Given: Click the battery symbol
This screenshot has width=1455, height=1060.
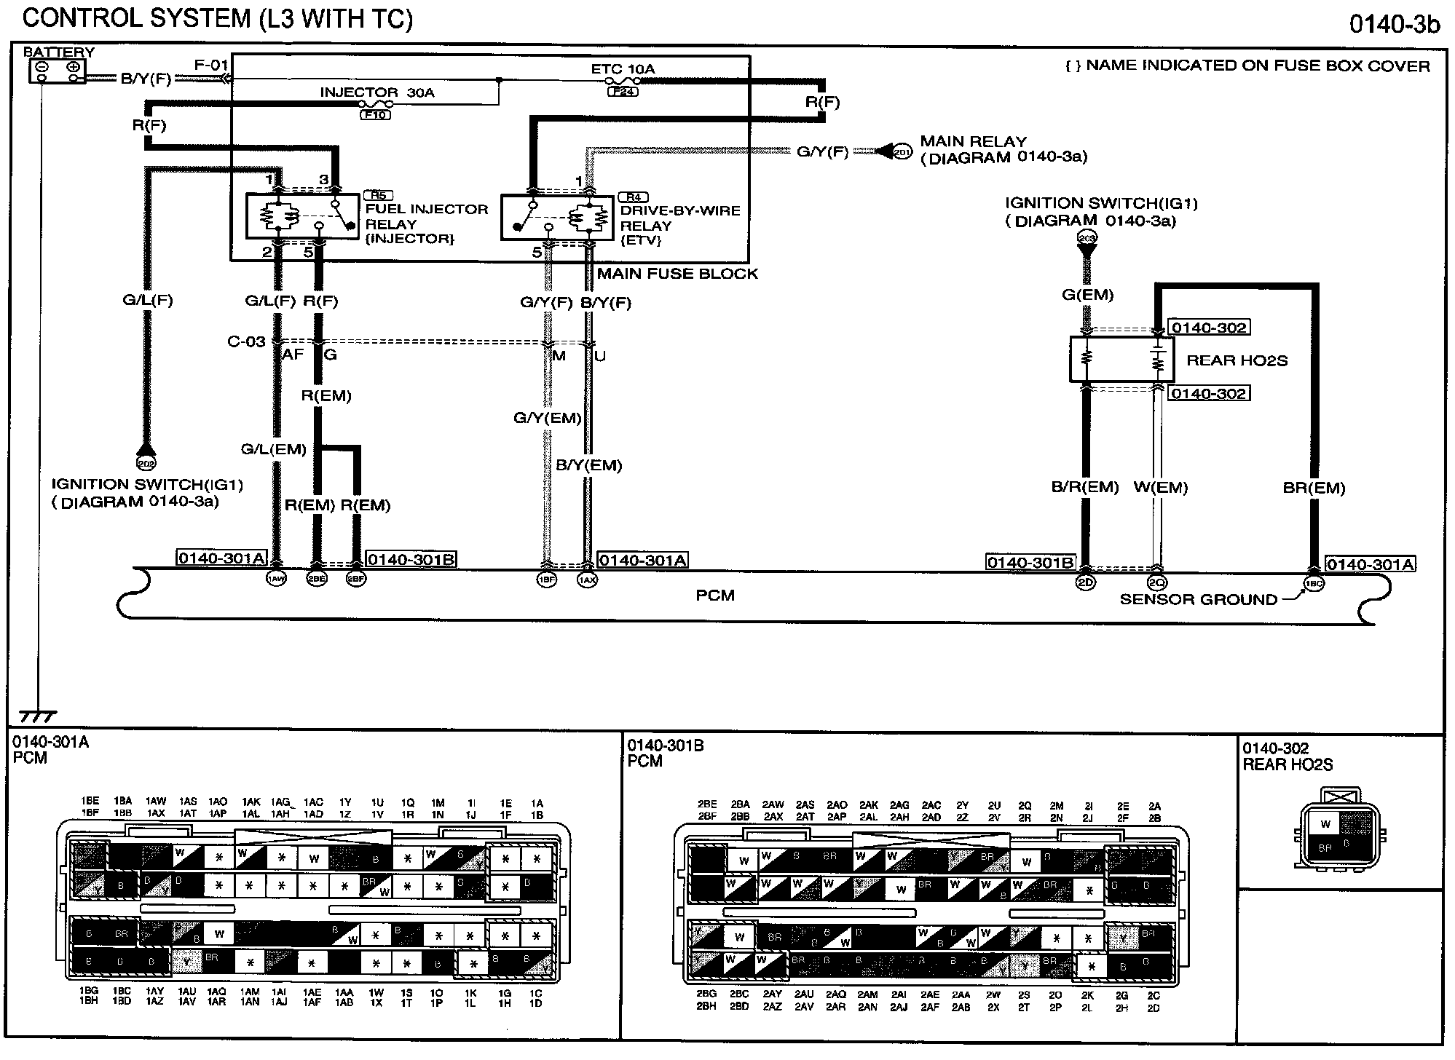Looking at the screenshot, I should click(57, 71).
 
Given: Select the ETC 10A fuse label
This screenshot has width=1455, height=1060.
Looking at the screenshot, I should click(623, 70).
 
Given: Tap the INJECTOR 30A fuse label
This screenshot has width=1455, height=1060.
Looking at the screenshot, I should click(377, 93).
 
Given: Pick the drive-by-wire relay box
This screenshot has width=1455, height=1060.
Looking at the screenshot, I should click(557, 217).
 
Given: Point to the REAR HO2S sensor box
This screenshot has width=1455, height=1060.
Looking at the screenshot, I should click(1121, 360).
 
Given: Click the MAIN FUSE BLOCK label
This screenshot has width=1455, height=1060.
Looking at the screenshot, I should click(677, 274).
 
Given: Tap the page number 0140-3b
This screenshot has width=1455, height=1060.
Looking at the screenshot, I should click(1395, 24).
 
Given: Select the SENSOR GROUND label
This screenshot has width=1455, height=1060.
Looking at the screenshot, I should click(1198, 600).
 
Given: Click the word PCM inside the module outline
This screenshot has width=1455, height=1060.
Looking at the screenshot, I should click(714, 596).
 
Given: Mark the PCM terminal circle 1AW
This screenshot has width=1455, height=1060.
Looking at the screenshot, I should click(276, 579).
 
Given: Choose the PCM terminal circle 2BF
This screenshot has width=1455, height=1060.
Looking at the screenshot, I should click(355, 579).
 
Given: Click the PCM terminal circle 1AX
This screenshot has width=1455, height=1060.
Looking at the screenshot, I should click(587, 580).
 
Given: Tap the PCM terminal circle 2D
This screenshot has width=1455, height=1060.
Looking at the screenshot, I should click(1085, 582).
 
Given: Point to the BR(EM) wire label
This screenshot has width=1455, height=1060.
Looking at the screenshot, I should click(1314, 489).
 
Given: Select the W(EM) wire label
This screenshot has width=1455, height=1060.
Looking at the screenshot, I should click(1161, 488).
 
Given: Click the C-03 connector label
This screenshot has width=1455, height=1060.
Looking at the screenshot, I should click(246, 341).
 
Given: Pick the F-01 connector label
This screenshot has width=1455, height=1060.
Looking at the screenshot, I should click(211, 66).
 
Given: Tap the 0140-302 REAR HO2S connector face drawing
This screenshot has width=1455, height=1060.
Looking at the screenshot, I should click(1337, 829).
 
